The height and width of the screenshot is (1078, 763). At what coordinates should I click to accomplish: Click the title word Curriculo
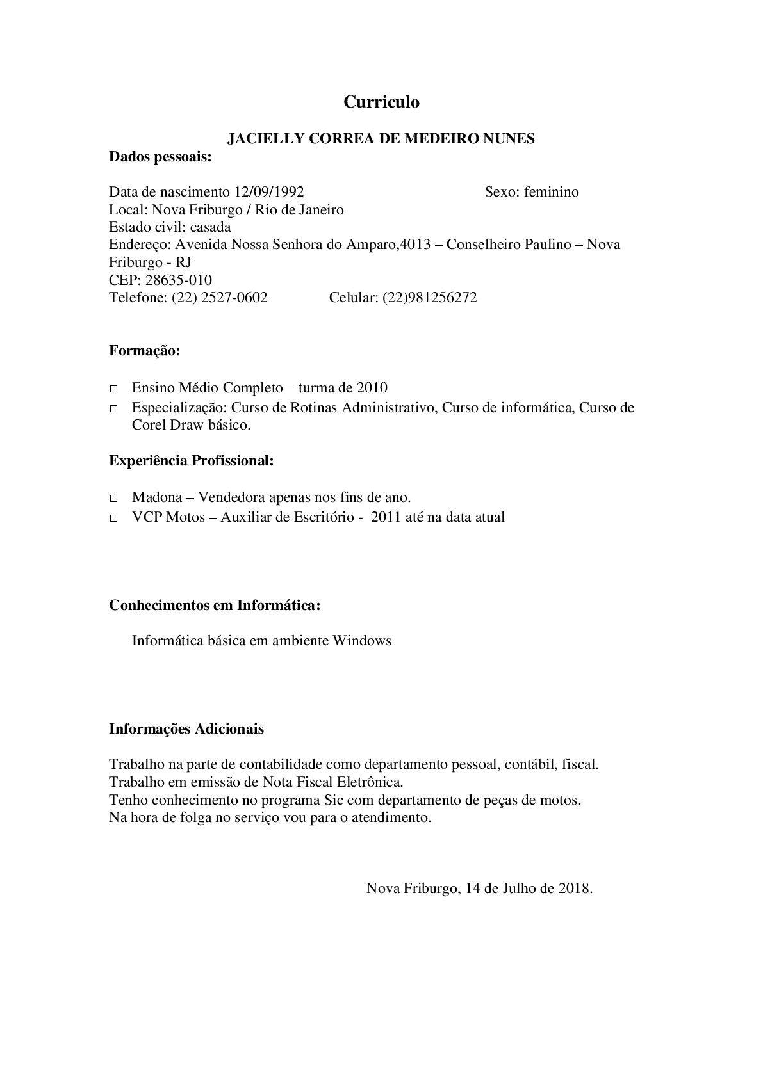381,102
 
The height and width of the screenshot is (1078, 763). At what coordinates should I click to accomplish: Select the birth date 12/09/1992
269,192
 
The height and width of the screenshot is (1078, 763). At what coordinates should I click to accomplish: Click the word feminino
551,192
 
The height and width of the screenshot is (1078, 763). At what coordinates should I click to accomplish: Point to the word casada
211,227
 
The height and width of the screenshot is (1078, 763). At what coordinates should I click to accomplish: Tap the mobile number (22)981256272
429,298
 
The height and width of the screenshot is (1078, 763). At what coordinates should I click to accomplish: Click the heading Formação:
145,351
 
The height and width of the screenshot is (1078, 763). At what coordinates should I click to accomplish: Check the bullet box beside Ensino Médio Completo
114,389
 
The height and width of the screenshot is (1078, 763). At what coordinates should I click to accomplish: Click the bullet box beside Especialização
114,408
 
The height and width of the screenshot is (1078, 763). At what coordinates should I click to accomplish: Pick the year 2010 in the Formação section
372,388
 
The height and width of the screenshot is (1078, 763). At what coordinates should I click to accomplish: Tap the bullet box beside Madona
114,498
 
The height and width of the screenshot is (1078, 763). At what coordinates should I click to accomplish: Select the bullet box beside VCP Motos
114,518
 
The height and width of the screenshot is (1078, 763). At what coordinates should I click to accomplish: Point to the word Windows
361,641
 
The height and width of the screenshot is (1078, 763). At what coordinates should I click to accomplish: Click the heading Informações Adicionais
186,729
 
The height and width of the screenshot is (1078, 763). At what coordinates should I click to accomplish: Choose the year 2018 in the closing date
575,889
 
